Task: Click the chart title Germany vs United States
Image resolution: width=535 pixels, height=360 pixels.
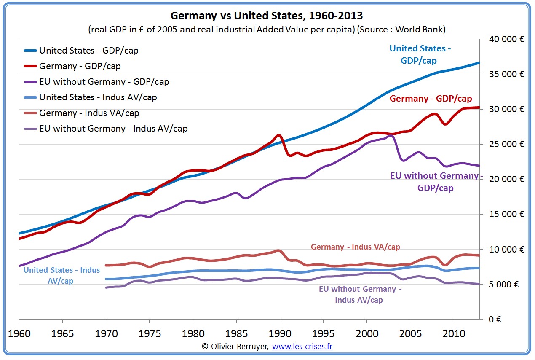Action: [267, 16]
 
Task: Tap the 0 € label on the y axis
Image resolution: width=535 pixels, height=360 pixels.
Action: [495, 319]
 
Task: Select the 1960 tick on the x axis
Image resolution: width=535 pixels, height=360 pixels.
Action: [19, 333]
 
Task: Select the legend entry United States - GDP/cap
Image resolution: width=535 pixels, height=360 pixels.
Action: [88, 51]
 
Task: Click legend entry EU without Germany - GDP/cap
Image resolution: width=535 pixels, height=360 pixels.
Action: [104, 82]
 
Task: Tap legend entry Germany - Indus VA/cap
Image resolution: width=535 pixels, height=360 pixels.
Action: [89, 113]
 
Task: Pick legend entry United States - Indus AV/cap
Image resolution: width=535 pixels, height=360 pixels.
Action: [98, 97]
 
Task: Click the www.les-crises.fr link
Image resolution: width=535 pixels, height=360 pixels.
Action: [302, 346]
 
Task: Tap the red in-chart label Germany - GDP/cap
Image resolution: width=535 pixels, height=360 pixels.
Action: [431, 99]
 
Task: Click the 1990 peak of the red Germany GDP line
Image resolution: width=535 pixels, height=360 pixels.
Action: [279, 135]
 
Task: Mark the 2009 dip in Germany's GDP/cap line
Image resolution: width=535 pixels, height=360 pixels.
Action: [445, 124]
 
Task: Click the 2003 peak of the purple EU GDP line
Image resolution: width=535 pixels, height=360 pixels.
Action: [391, 135]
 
